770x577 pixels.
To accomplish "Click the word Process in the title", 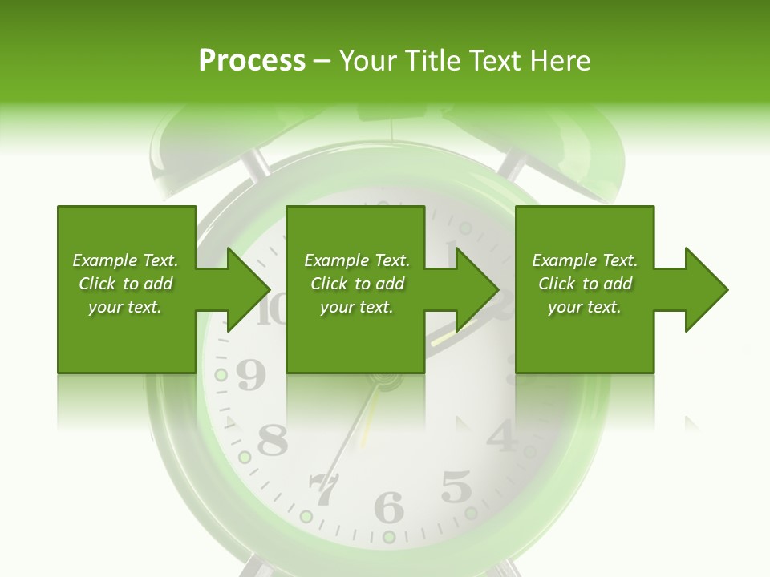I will (252, 61).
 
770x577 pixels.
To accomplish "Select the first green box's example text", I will (125, 284).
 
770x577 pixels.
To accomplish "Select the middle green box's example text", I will (357, 284).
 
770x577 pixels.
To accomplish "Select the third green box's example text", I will (585, 284).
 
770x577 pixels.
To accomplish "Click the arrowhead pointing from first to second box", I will (249, 289).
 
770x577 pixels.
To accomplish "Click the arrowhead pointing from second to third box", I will (477, 289).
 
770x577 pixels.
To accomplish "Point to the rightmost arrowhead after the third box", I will (707, 289).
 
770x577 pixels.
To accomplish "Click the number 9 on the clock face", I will (250, 376).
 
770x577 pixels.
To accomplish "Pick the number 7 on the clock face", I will (324, 490).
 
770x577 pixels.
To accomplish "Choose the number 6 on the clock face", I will (390, 507).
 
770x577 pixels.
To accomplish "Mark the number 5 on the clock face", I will (456, 486).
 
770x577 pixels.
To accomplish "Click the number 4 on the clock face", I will (501, 436).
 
